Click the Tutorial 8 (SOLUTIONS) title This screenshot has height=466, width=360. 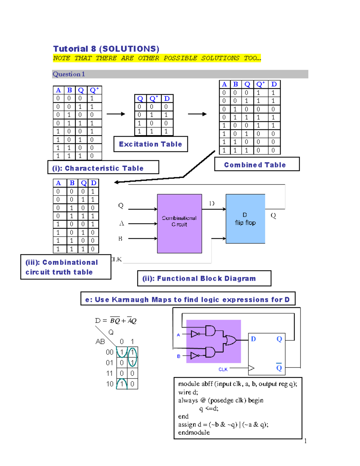tap(106, 49)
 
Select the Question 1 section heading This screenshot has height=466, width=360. tap(69, 74)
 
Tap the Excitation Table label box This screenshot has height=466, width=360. tap(151, 144)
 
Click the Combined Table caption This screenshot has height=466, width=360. tap(255, 165)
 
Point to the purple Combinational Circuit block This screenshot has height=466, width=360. tap(179, 224)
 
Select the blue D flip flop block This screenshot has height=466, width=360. tap(245, 219)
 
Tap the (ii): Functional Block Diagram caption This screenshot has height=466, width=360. tap(204, 278)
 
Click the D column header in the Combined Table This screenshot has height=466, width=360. tap(274, 84)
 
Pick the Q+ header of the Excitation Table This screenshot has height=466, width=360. tap(153, 98)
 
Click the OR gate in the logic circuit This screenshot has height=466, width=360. tap(230, 340)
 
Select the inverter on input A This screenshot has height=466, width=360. tap(195, 334)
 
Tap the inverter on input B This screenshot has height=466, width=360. tap(195, 356)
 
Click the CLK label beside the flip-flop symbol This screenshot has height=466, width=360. tap(223, 369)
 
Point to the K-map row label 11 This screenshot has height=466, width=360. tap(109, 373)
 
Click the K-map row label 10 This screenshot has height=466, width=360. tap(109, 384)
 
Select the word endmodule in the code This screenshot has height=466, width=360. tap(194, 432)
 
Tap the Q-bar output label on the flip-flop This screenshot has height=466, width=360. tap(279, 367)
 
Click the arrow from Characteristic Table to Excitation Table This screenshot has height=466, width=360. tap(116, 114)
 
